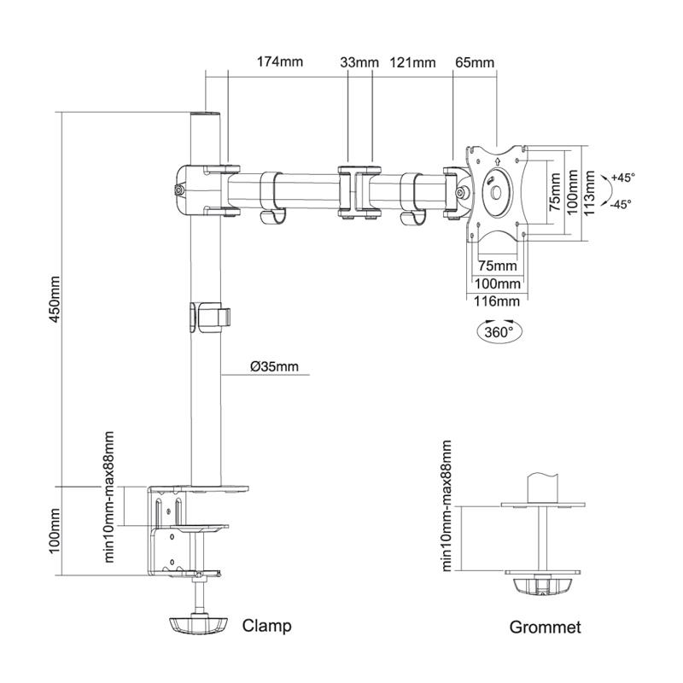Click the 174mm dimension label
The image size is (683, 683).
coord(280,63)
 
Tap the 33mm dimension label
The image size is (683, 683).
coord(359,63)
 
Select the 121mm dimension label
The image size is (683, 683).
coord(412,63)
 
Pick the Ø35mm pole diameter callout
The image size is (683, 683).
coord(275,367)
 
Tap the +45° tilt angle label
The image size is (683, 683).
coord(623,178)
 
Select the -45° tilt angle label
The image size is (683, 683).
coord(622,204)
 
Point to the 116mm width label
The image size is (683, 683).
coord(498,301)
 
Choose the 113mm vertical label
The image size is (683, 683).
coord(589,194)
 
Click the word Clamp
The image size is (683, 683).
coord(267,626)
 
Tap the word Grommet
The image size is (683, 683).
coord(545,628)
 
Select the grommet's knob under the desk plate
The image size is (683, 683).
coord(540,587)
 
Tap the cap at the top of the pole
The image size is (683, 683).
coord(205,114)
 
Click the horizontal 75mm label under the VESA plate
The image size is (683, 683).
coord(497,265)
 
